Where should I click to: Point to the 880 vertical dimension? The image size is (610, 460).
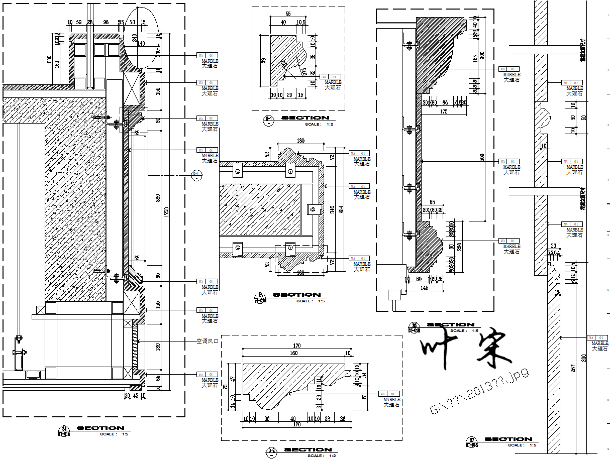coord(158,198)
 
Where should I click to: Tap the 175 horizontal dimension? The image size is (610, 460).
coord(443,112)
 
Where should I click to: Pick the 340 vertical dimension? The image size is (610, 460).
coord(332,209)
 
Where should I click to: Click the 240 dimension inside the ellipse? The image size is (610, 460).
coord(135,38)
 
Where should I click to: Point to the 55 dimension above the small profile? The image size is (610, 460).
coord(288,14)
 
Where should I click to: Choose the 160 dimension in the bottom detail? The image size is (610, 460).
coord(293,353)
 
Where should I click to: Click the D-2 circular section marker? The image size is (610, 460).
coord(196,174)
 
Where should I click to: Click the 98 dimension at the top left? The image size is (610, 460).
coord(106,23)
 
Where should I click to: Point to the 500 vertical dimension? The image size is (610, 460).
coord(482,157)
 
